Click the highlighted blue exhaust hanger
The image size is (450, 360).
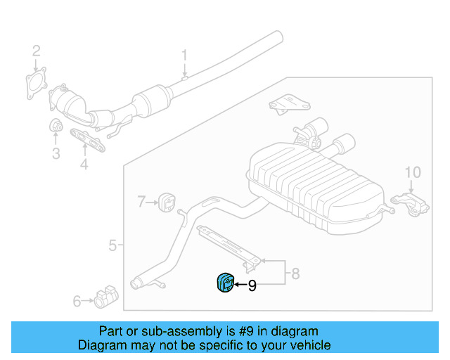coord(226,283)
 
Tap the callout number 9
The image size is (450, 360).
coord(252,285)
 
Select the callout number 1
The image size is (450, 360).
coord(184,55)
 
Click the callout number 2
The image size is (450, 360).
coord(36,51)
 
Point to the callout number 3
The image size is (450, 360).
coord(56,153)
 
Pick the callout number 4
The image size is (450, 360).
coord(84,165)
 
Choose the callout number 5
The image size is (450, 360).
coord(112,245)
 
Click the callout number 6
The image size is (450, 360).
coord(77,301)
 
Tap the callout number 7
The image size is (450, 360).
coord(141,202)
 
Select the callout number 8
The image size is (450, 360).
coord(295,274)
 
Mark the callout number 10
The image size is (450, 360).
coord(413,172)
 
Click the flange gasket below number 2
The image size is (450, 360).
coord(37,83)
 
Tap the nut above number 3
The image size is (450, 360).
coord(56,125)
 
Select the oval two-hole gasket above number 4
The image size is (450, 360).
coord(87,140)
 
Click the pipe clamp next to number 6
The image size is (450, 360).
coord(106,297)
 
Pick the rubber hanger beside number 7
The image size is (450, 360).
coord(167,202)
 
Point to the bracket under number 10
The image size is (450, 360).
coord(410,205)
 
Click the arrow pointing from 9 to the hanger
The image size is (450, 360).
coord(240,285)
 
